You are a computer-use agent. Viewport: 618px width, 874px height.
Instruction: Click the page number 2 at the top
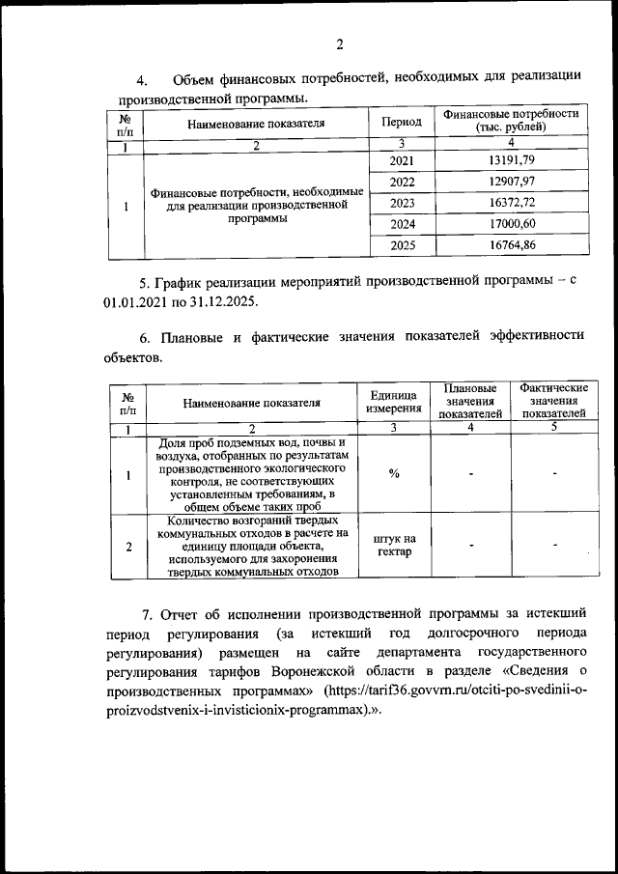pos(340,43)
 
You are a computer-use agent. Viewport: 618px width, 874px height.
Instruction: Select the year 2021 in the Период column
pos(402,160)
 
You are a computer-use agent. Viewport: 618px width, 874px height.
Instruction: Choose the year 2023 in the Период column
pos(402,203)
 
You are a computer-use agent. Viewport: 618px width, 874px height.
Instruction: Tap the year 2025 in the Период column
pos(402,246)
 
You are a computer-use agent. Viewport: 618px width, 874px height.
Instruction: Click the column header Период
pos(402,123)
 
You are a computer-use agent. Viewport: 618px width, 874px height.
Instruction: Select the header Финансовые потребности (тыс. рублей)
pos(511,121)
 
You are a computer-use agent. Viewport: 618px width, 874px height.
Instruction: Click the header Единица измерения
pos(393,402)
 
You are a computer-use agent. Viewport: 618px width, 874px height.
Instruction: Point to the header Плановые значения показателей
pos(470,401)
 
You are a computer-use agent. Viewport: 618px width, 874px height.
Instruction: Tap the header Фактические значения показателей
pos(553,401)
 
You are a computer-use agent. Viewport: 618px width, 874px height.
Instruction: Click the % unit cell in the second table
pos(393,473)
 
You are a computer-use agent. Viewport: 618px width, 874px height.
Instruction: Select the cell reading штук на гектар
pos(393,546)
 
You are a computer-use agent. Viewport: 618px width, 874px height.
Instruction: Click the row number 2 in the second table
pos(128,546)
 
